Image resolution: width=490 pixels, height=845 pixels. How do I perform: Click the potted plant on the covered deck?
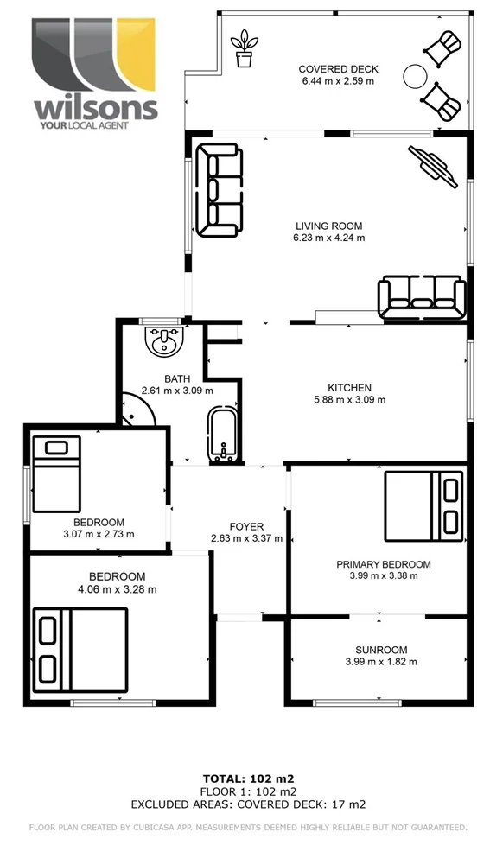point(245,48)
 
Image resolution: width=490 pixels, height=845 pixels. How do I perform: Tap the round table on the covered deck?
point(416,75)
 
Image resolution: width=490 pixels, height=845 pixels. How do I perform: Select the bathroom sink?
point(163,344)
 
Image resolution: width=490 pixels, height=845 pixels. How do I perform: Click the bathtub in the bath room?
point(221,437)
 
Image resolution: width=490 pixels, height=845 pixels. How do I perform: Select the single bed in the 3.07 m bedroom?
point(57,473)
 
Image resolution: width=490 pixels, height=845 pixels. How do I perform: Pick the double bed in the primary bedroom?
point(423,502)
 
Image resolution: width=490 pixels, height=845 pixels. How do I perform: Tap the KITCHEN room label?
point(349,388)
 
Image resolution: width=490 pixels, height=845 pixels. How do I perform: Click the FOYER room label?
point(246,526)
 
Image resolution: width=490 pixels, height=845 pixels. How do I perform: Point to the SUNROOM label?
point(380,650)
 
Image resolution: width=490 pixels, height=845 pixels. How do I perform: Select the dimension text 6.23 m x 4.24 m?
point(329,238)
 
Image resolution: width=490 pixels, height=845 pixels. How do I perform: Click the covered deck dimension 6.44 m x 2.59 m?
point(338,81)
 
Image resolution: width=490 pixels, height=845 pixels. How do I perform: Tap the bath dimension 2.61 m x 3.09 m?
point(176,391)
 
